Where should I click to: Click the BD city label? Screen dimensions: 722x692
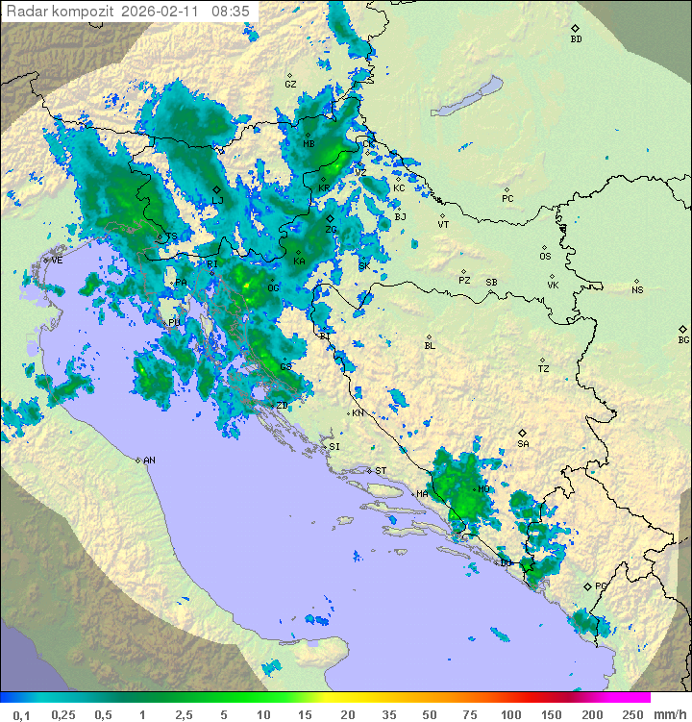coord(576,39)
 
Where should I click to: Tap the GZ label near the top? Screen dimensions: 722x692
coord(290,85)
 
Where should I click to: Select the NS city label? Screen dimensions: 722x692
coord(637,290)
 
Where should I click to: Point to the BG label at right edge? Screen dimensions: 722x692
coord(683,340)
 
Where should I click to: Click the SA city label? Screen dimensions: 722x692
coord(523,444)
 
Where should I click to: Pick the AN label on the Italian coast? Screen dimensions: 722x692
coord(149,461)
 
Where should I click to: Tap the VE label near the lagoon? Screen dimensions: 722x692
coord(57,261)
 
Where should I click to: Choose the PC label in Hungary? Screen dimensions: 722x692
coord(507,199)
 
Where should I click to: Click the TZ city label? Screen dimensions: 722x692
coord(544,369)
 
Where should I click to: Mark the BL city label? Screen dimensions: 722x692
coord(430,346)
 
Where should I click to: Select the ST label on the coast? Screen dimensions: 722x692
coord(380,471)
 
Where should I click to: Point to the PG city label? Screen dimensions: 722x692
coord(601,586)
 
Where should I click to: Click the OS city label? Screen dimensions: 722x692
coord(545,257)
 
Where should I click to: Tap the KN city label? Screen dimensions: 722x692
coord(358,413)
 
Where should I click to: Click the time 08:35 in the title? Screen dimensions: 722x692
coord(231,12)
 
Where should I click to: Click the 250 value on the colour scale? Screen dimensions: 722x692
coord(632,714)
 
